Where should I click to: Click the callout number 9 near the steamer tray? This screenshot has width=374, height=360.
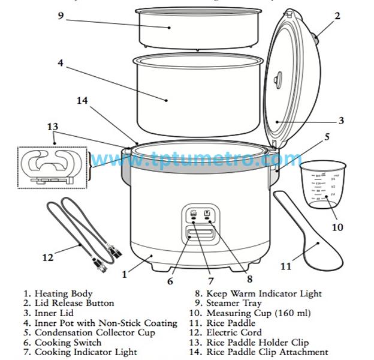(x=61, y=16)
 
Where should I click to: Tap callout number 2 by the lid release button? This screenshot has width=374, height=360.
(x=337, y=16)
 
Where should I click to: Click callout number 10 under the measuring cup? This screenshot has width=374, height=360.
(x=337, y=227)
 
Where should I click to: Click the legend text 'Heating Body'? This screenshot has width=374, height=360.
(x=63, y=294)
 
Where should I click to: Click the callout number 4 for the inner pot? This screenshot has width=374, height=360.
(x=61, y=62)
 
